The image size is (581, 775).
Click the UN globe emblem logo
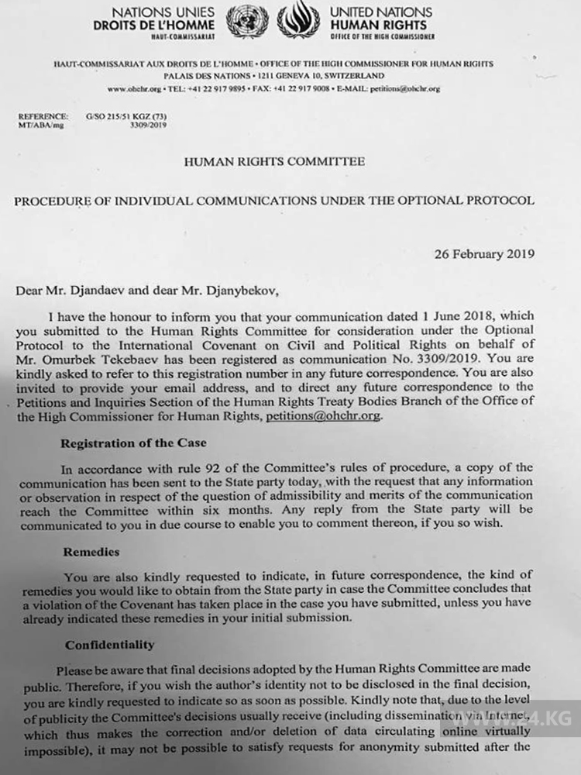pos(248,21)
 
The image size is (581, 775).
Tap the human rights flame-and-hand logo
pos(297,20)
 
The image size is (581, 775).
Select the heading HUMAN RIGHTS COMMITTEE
pos(273,162)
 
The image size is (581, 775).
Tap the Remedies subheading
pos(92,553)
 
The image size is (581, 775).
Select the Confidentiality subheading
pos(109,644)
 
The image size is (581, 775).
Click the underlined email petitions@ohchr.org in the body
pos(323,416)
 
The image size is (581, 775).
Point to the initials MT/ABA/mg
pos(36,124)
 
